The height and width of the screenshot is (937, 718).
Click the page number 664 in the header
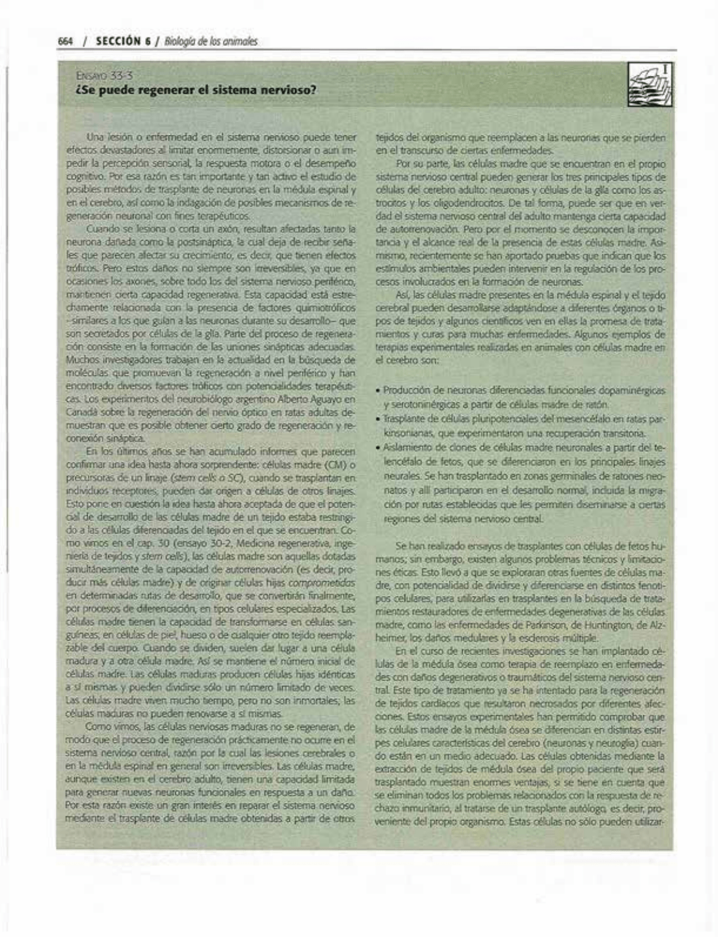65,42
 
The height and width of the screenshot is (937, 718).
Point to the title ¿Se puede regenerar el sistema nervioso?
195,91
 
